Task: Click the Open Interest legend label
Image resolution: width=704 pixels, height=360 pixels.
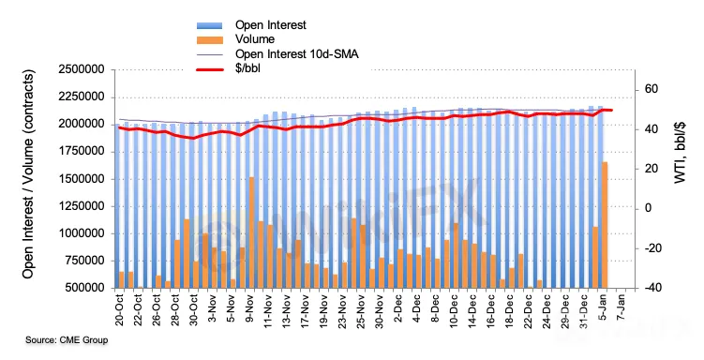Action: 271,24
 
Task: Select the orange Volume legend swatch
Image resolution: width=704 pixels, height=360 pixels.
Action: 210,40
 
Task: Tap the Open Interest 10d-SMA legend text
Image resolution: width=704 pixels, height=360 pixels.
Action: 297,54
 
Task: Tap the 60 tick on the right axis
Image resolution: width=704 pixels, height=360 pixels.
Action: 651,89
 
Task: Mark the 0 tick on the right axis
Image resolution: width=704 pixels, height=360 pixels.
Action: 648,209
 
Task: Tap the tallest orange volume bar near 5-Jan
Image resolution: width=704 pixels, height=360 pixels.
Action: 605,225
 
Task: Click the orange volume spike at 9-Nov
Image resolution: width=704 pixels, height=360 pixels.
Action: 251,232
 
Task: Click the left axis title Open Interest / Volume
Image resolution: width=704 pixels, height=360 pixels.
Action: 28,173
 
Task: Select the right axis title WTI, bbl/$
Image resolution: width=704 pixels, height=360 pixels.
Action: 681,152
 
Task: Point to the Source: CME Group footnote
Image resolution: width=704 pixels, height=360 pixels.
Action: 67,339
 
